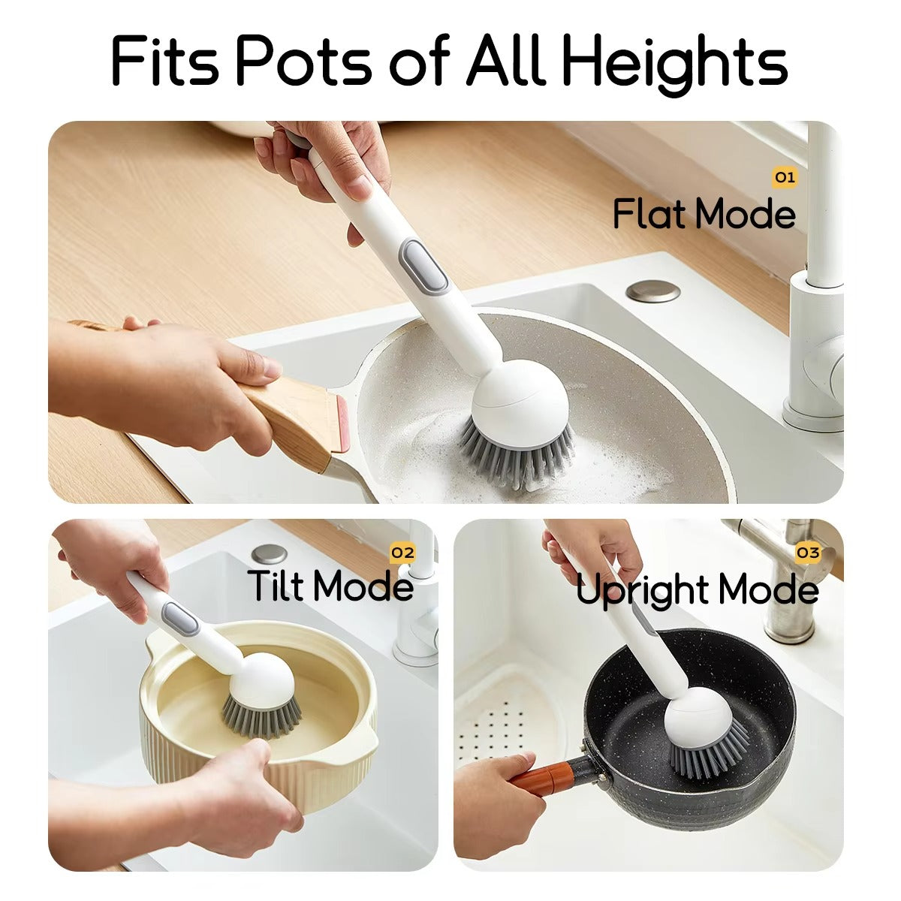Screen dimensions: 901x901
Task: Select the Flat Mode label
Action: (x=704, y=214)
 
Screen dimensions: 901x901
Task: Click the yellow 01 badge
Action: (x=784, y=177)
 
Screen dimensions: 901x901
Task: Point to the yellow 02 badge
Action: (x=402, y=553)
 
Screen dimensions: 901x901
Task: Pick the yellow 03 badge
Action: (x=808, y=553)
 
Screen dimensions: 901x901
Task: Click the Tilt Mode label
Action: (x=330, y=586)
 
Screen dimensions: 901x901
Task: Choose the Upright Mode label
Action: (x=697, y=589)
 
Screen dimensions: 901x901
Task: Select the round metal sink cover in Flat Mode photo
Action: (x=652, y=291)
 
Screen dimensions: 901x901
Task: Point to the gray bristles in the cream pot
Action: (x=259, y=717)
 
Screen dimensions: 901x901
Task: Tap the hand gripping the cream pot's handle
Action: (x=240, y=796)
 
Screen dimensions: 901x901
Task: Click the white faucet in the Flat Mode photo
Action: (x=822, y=300)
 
